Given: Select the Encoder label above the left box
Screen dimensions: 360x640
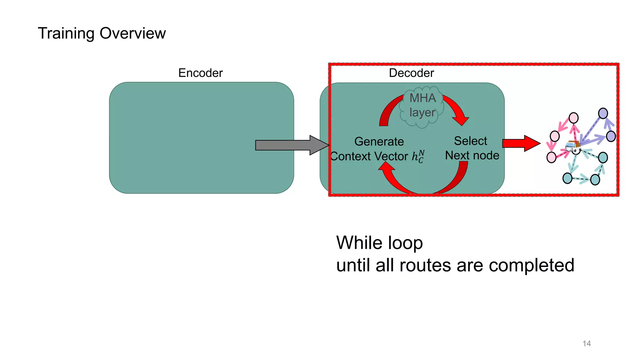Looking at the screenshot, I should coord(200,73).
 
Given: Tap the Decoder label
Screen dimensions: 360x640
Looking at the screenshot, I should coord(411,73).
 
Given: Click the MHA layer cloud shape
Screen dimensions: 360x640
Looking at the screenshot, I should coord(422,106).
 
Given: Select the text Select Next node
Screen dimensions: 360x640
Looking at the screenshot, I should coord(472,148).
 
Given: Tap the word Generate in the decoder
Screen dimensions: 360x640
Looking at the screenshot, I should coord(379,142).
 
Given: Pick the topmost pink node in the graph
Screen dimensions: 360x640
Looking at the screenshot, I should coord(573,118).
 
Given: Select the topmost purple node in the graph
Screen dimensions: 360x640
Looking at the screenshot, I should coord(603,113).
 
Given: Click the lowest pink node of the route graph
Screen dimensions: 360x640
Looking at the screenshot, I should coord(551,157).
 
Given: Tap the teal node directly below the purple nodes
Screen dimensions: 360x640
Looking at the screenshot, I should coord(603,157).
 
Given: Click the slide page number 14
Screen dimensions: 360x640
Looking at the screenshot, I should coord(587,343).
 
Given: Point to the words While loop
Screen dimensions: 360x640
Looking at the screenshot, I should coord(379,243).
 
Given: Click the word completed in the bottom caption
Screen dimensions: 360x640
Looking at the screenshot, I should coord(531,265).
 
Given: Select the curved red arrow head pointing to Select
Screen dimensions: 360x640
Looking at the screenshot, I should coord(460,120).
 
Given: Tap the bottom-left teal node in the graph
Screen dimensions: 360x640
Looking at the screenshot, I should coord(567,178).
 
